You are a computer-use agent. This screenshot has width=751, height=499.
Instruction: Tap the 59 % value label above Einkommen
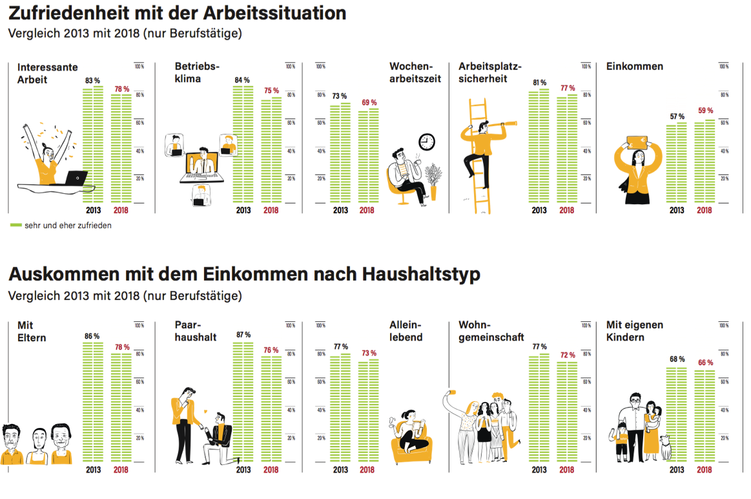tap(705, 110)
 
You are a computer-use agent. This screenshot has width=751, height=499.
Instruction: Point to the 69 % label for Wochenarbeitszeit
tap(369, 103)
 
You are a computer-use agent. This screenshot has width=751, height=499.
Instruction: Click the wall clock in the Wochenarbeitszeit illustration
tap(427, 142)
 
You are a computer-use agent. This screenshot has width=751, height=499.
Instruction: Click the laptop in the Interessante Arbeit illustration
tap(77, 178)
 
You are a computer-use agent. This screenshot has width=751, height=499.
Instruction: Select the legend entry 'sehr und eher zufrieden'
tap(61, 226)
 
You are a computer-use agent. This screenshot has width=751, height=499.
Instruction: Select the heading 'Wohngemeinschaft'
tap(491, 331)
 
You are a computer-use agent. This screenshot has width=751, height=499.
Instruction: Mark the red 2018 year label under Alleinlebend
tap(367, 470)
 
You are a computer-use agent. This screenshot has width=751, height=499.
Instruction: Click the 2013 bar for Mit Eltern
tap(93, 402)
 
